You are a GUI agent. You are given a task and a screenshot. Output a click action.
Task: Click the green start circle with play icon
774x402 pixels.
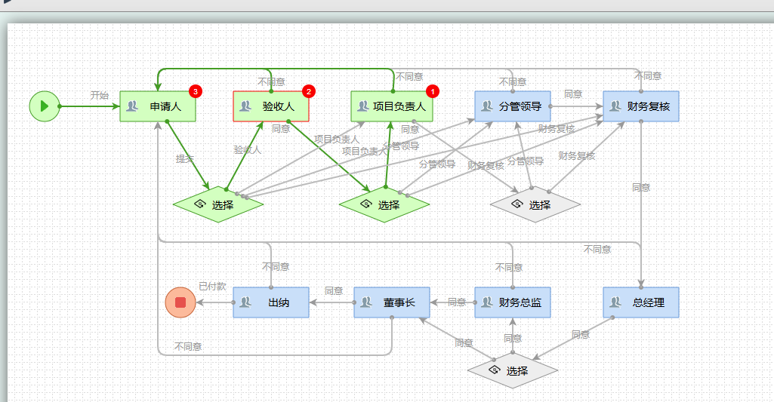point(45,106)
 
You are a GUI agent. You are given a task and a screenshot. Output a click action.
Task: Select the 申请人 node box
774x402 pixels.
point(158,106)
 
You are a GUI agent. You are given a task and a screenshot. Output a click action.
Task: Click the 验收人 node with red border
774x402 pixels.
point(271,106)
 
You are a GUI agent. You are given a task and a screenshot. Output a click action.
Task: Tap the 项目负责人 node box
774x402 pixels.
point(392,106)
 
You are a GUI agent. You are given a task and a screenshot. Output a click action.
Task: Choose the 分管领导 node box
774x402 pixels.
point(513,106)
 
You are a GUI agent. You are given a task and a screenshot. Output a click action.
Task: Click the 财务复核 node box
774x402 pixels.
point(641,106)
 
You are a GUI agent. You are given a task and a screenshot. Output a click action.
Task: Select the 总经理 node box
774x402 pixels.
point(641,302)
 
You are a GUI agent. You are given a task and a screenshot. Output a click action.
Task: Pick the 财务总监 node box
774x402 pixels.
point(513,302)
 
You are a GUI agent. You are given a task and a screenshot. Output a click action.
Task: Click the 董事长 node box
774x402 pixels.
point(392,302)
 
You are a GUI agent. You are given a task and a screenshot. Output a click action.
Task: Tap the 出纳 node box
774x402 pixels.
point(271,302)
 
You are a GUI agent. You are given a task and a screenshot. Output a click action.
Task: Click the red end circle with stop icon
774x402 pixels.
point(180,302)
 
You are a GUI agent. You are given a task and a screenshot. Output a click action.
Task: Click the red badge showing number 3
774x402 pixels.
point(196,91)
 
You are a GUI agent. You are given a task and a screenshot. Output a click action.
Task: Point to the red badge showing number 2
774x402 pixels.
point(309,91)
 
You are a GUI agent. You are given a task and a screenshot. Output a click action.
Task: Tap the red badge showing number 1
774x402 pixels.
point(433,91)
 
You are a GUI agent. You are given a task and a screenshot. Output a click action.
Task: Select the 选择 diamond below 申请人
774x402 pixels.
point(218,204)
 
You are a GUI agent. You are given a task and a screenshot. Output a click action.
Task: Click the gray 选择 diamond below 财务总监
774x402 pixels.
point(513,370)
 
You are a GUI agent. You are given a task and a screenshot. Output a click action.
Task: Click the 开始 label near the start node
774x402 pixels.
point(100,96)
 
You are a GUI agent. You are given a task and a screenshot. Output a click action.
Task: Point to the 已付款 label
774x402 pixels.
point(212,287)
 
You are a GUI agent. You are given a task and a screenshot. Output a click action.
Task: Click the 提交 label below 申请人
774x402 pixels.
point(185,159)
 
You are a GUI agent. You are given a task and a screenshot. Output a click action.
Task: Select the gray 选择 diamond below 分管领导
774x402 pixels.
point(535,204)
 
